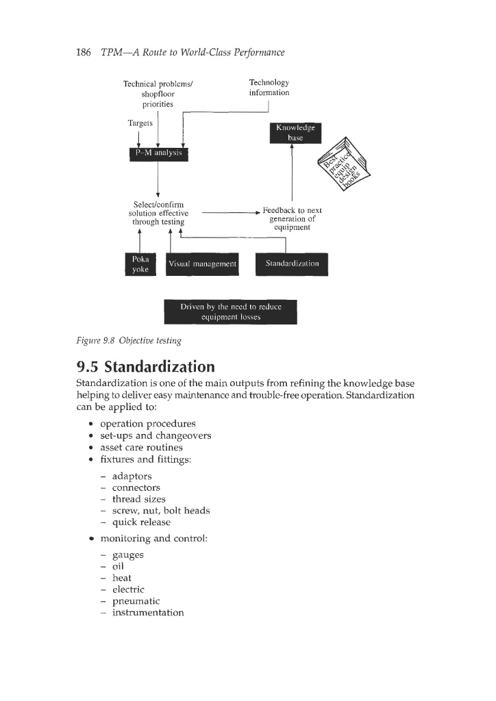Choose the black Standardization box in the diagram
[292, 264]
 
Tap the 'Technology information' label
[269, 88]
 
